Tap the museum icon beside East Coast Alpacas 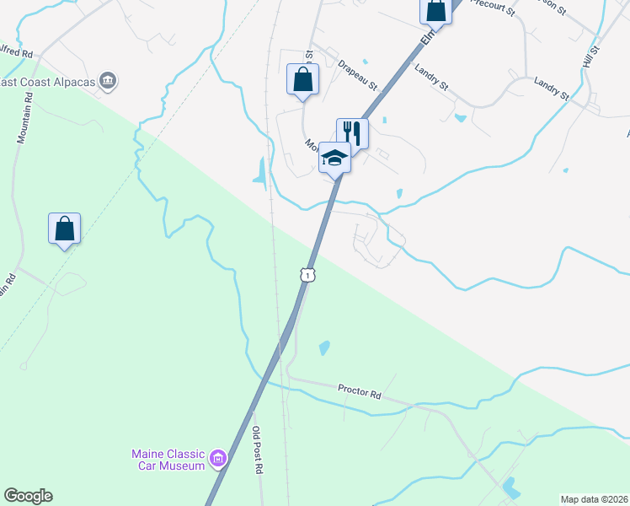108,82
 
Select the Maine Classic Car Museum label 168,460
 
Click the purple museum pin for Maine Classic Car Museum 218,459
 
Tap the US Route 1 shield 309,275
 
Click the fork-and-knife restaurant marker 352,133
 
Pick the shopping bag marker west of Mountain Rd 64,229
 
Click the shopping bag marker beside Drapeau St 302,80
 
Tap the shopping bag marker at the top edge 435,10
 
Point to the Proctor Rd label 360,391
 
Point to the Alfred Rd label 16,54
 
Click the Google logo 28,496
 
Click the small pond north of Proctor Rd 324,347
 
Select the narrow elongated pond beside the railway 261,170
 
